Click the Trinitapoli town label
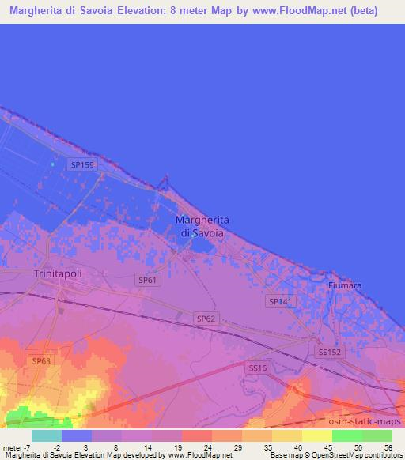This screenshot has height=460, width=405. (x=58, y=273)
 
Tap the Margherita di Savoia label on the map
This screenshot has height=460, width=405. (x=201, y=227)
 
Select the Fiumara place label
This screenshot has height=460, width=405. (x=346, y=284)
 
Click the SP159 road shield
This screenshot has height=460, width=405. (x=81, y=164)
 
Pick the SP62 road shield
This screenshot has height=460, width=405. (x=206, y=318)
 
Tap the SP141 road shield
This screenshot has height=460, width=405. (x=279, y=301)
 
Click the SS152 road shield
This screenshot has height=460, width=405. (x=329, y=352)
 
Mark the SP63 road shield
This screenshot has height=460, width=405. (x=41, y=360)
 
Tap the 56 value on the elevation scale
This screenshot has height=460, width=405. (x=388, y=448)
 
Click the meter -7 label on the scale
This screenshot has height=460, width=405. (x=17, y=448)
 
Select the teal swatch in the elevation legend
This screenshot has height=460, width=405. (x=47, y=435)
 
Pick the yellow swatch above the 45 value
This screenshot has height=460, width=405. (x=317, y=435)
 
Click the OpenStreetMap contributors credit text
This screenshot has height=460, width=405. (x=356, y=455)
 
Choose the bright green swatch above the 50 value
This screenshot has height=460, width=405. (x=347, y=435)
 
